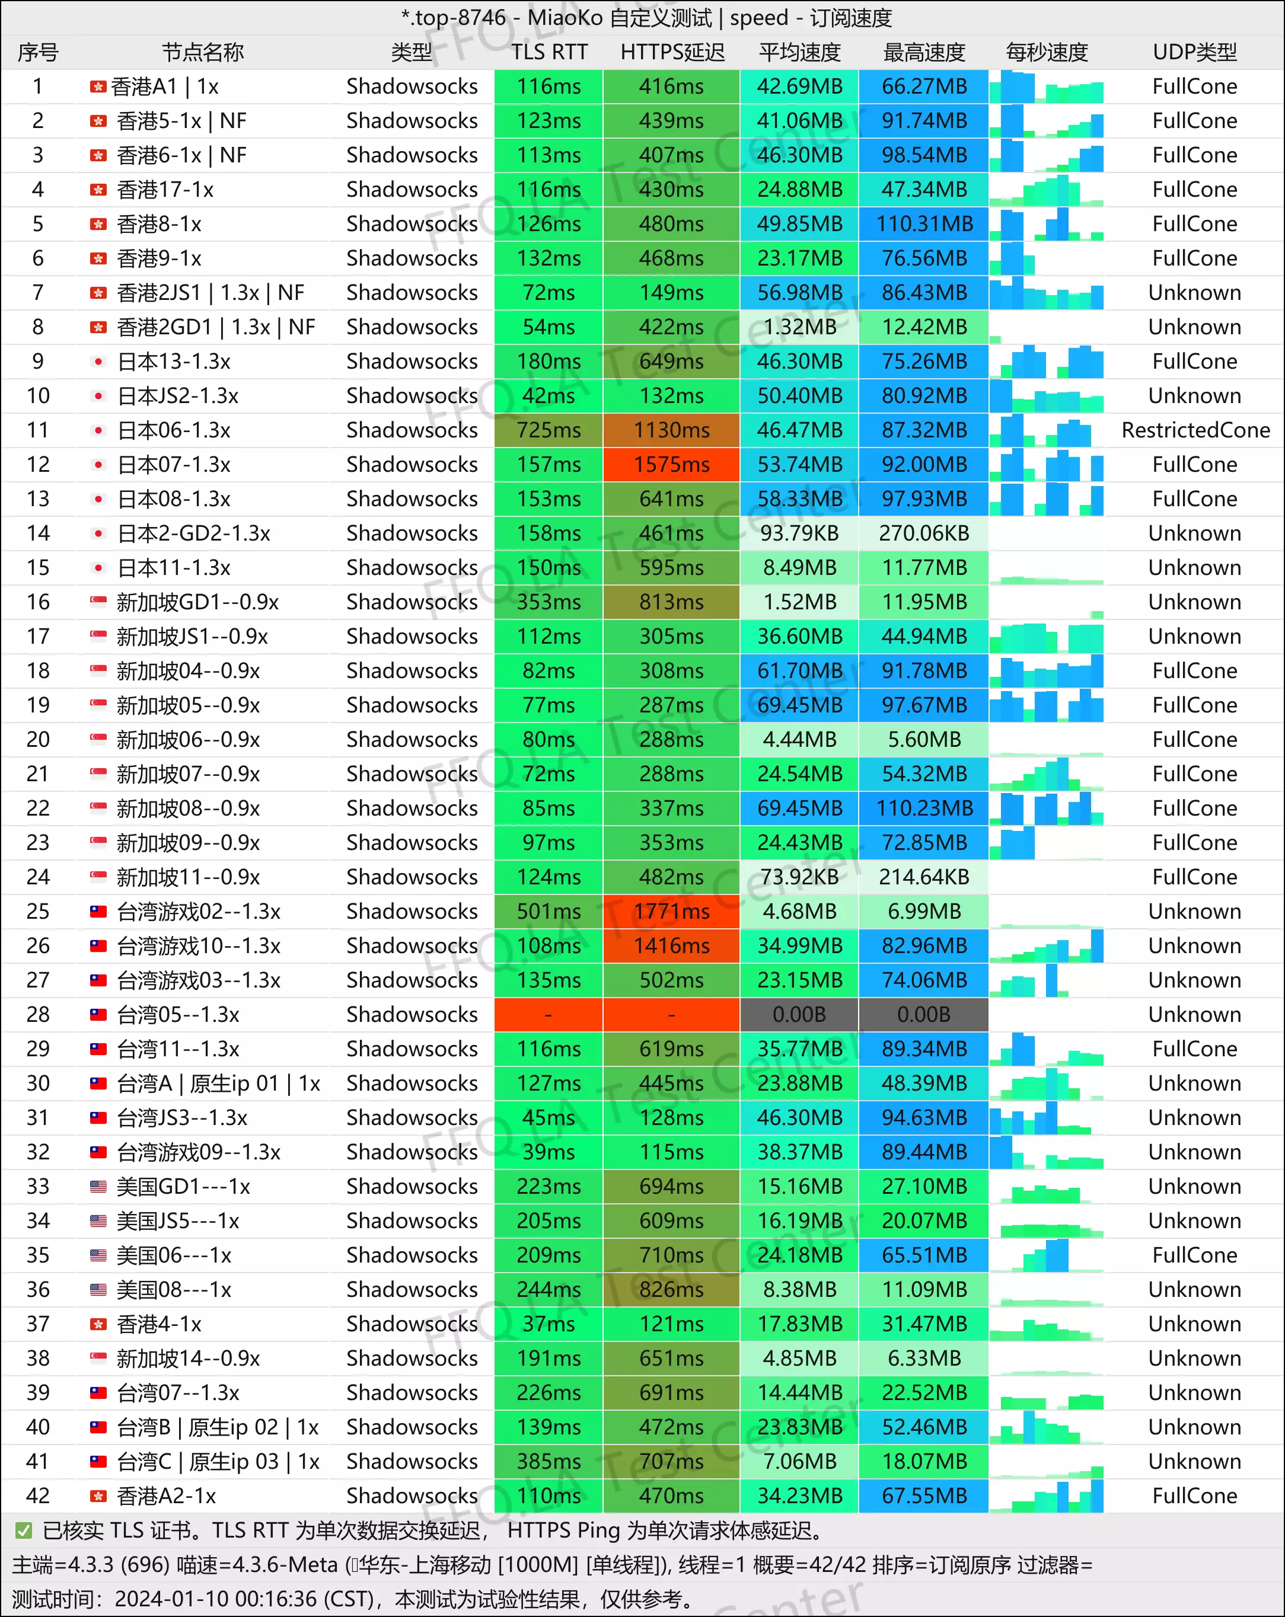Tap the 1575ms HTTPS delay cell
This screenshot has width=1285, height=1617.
click(x=671, y=465)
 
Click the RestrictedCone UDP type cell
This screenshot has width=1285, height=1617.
click(x=1195, y=430)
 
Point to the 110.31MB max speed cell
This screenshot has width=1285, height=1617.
click(x=924, y=224)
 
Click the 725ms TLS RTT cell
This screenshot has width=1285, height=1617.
click(x=549, y=430)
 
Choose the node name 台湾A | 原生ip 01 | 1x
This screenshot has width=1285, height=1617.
click(x=218, y=1084)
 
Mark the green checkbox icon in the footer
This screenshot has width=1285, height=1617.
click(x=24, y=1530)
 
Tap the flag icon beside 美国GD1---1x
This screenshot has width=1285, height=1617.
click(x=98, y=1187)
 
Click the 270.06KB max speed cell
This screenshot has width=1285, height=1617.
click(x=924, y=533)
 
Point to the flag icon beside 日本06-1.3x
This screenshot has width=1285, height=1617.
click(x=98, y=430)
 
